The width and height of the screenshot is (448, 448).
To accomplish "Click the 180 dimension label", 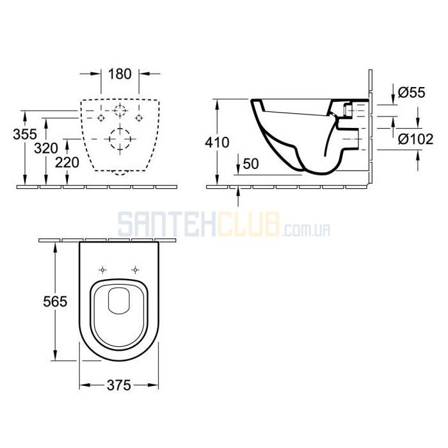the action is pos(120,74).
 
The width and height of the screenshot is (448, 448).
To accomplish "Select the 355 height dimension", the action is pos(25,134).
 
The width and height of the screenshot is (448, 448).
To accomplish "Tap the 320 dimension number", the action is pos(46,148).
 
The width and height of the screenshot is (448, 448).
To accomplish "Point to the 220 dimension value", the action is pos(67,163).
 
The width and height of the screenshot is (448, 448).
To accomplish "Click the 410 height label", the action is pos(217,143).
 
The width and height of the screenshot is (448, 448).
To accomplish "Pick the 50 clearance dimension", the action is pos(251,164).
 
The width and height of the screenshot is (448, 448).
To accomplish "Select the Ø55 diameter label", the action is pos(412,93).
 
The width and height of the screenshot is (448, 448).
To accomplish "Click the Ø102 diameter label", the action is pos(416,140).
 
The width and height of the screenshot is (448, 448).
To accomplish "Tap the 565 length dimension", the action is pos(55,301).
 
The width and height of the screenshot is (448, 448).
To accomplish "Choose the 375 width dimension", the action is pos(119,385).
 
